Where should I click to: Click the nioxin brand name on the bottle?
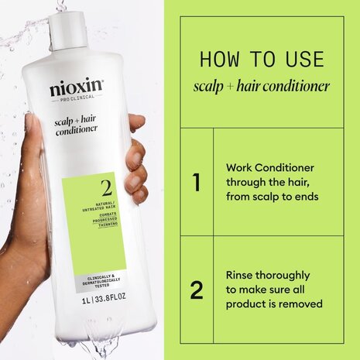tap(76, 89)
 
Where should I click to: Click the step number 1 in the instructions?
tap(197, 182)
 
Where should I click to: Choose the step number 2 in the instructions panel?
tap(197, 290)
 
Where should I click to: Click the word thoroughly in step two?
tap(284, 275)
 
